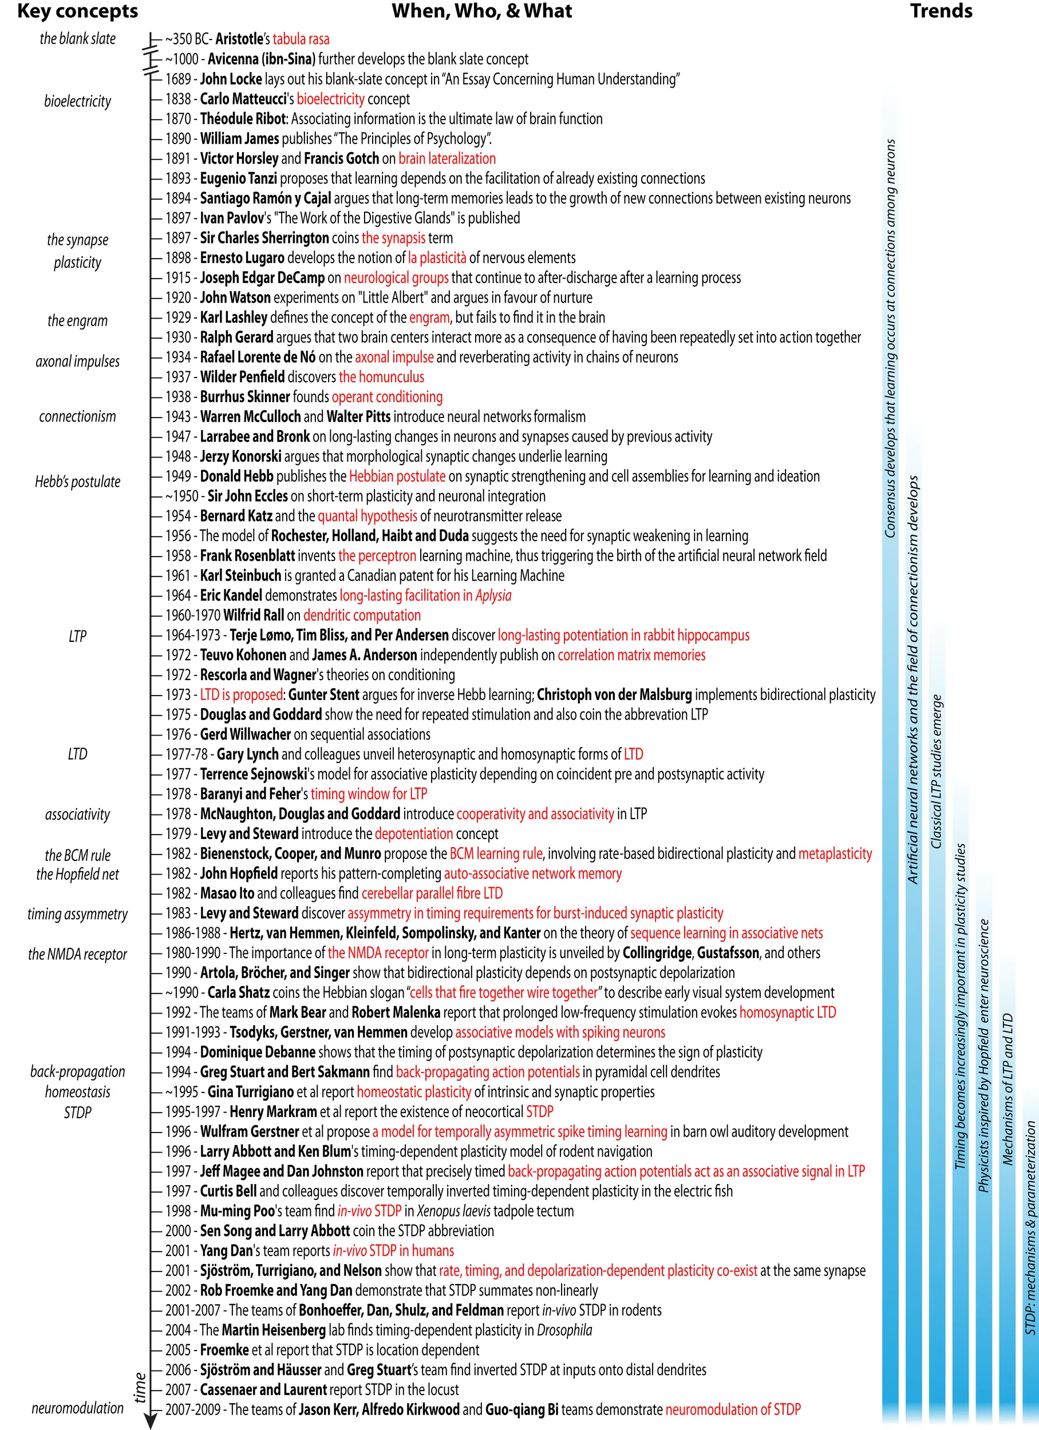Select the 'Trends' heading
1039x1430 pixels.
[941, 11]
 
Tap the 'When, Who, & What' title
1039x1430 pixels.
[481, 11]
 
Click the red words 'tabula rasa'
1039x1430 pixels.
[301, 39]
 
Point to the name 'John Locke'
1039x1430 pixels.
[231, 79]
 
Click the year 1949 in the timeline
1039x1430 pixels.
[178, 476]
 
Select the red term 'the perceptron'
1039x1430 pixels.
[377, 555]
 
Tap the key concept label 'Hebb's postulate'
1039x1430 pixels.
[78, 482]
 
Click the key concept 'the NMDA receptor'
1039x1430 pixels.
[78, 954]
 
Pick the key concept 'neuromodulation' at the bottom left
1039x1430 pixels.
[78, 1407]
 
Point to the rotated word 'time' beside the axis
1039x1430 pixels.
[140, 1388]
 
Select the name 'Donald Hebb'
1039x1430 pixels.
[236, 476]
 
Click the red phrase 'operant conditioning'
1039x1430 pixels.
[388, 396]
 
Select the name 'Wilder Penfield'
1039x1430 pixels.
[242, 377]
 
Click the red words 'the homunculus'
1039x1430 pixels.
[382, 377]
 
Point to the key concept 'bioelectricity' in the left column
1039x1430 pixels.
[78, 101]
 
